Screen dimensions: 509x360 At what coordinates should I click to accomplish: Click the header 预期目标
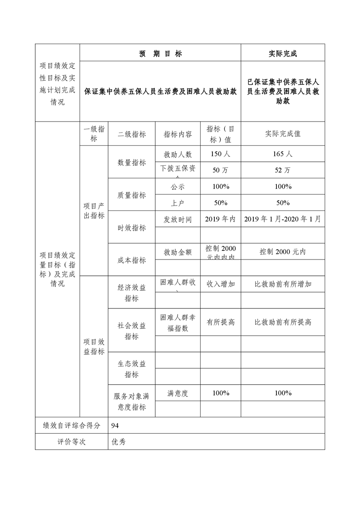tap(160, 54)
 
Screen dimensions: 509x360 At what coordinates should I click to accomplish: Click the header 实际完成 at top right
tap(282, 54)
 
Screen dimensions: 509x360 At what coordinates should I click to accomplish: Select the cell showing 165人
tap(282, 154)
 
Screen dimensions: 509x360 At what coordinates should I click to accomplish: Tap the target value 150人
tap(220, 154)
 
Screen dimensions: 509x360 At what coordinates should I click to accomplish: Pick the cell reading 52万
tap(282, 170)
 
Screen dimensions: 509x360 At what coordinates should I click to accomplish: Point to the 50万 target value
tap(220, 170)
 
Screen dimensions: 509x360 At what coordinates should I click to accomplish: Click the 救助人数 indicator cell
tap(178, 154)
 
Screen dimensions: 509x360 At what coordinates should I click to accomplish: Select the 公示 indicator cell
tap(178, 186)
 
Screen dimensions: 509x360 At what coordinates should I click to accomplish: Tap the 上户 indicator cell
tap(178, 203)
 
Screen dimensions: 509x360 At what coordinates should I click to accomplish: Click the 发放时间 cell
tap(178, 219)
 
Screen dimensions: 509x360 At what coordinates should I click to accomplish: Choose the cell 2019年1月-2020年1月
tap(282, 219)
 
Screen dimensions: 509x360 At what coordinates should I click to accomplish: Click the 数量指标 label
tap(132, 162)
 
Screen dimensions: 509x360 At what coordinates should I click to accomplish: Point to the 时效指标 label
tap(132, 228)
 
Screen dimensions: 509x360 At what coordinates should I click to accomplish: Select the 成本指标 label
tap(132, 260)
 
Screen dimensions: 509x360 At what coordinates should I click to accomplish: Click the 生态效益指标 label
tap(132, 369)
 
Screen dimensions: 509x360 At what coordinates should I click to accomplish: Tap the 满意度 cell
tap(178, 393)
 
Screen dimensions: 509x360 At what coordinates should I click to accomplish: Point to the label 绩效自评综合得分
tap(71, 425)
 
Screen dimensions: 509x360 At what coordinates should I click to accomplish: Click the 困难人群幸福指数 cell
tap(178, 323)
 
